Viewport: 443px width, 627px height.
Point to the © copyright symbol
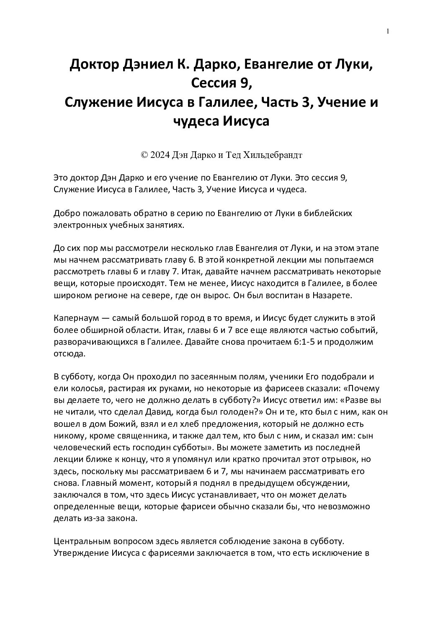click(x=144, y=155)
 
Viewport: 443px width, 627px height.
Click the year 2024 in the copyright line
click(x=159, y=155)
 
